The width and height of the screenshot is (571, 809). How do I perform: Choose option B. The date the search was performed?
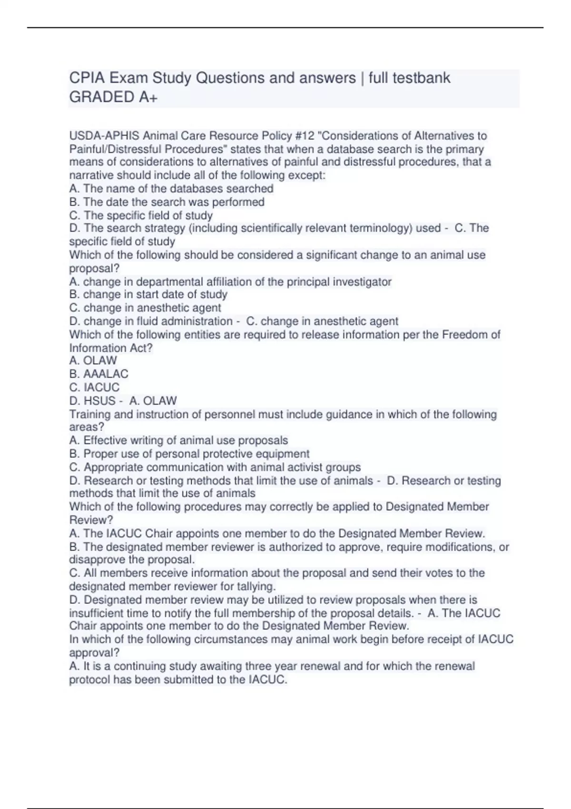tap(167, 202)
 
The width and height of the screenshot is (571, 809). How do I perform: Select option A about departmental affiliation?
tap(230, 282)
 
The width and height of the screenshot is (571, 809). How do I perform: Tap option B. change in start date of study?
tap(148, 295)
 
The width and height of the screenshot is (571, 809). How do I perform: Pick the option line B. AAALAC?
tap(98, 374)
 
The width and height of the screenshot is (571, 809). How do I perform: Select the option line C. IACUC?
tap(94, 387)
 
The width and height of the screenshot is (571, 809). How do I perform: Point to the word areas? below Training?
tap(87, 427)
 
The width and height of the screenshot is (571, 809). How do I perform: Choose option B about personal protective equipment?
tap(189, 454)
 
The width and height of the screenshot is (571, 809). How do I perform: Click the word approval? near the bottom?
tap(94, 653)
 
